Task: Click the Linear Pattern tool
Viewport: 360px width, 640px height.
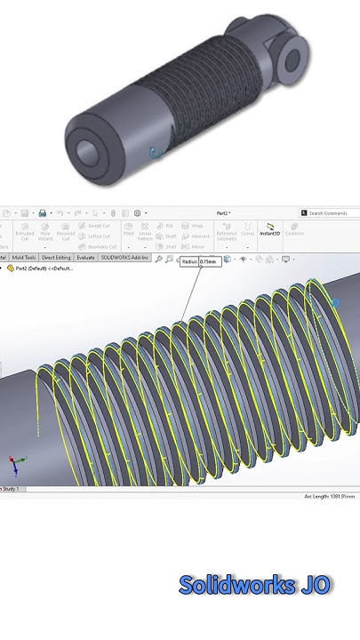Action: [146, 233]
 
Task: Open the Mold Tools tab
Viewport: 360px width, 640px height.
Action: [24, 258]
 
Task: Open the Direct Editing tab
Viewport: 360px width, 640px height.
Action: [56, 258]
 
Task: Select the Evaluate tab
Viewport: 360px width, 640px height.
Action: [85, 258]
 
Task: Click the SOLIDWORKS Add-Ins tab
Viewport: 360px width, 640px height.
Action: [124, 258]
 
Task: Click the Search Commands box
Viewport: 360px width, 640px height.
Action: [330, 213]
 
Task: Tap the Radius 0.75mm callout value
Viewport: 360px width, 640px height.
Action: [206, 262]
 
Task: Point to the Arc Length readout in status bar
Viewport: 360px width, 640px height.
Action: [329, 496]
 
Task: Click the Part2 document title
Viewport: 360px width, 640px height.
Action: [224, 213]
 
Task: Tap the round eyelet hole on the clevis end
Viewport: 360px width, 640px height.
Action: [291, 58]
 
